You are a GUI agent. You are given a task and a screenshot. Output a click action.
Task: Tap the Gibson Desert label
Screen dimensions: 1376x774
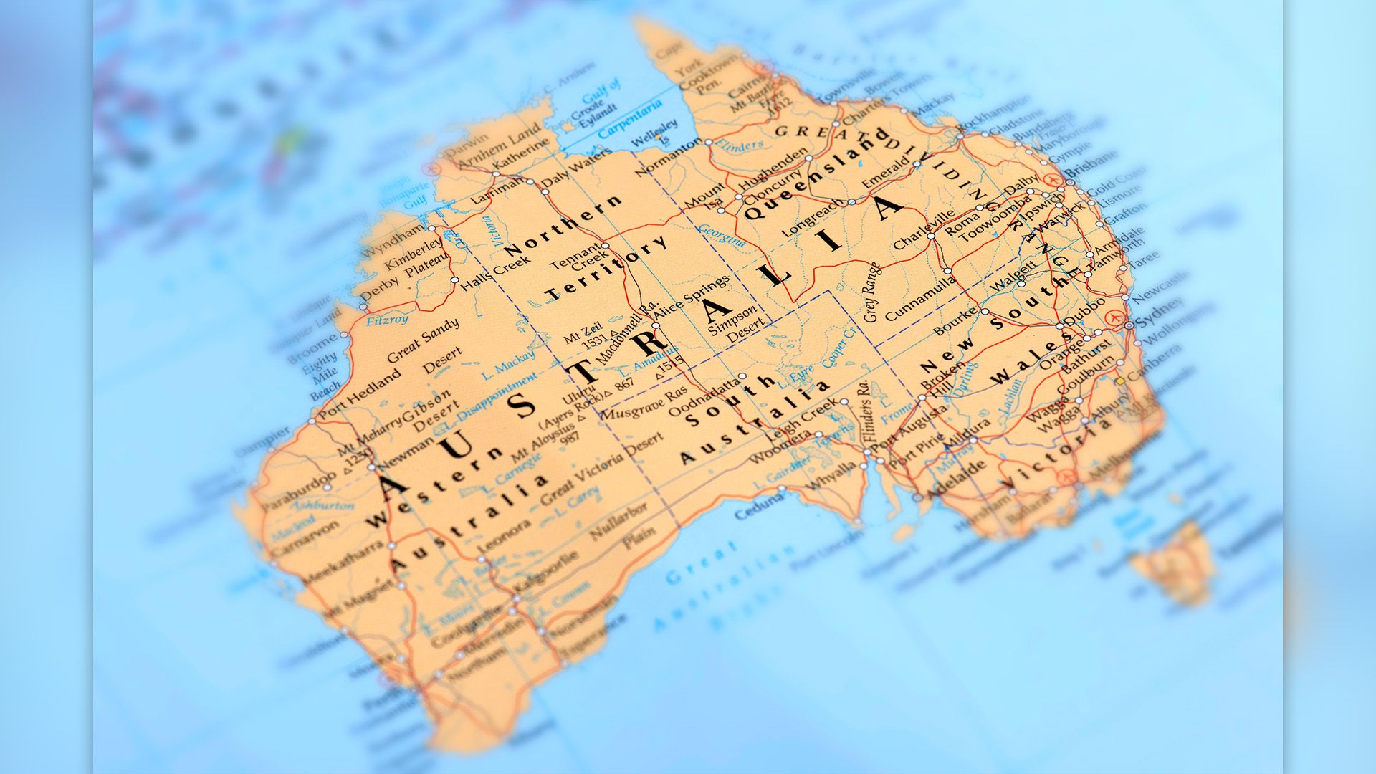click(x=430, y=409)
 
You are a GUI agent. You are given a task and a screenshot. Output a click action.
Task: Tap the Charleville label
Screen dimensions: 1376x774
click(x=924, y=229)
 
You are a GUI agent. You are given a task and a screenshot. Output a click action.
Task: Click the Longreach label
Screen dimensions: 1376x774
click(x=813, y=218)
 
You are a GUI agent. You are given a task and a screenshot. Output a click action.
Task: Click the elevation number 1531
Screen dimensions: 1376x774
click(x=594, y=342)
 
